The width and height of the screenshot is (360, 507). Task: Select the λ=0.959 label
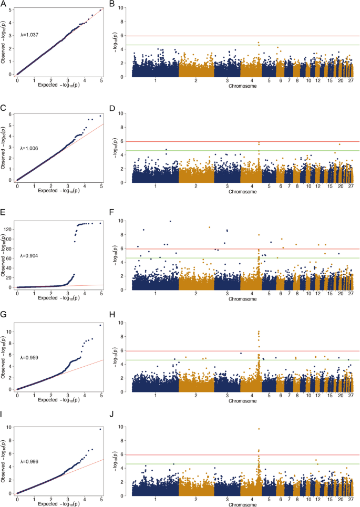pos(29,357)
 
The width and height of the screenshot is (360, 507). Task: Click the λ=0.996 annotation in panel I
pos(29,462)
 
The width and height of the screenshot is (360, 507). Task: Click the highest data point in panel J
pos(259,429)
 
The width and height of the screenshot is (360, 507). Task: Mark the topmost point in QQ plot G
pos(100,325)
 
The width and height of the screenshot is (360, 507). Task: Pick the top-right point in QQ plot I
pos(100,429)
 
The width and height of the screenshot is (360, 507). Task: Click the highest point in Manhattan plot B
pos(259,43)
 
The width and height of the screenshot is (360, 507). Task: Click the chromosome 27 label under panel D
pos(351,187)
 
